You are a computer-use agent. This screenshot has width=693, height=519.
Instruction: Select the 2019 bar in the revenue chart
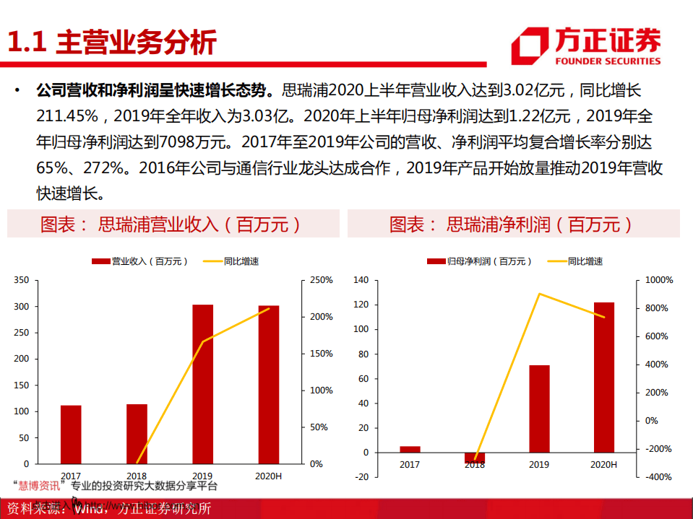pyautogui.click(x=202, y=383)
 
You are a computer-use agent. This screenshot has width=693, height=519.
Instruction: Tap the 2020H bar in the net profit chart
pyautogui.click(x=603, y=378)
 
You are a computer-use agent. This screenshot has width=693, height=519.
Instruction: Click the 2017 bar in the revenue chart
pyautogui.click(x=71, y=434)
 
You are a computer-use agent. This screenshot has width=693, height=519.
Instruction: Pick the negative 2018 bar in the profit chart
pyautogui.click(x=475, y=458)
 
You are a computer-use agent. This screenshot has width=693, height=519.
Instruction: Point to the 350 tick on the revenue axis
pyautogui.click(x=22, y=280)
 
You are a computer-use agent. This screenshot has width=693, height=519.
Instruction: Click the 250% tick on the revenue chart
pyautogui.click(x=321, y=280)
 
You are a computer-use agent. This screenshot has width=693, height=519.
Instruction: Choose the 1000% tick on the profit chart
pyautogui.click(x=658, y=280)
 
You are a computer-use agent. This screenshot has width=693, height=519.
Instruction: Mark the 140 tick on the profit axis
pyautogui.click(x=361, y=280)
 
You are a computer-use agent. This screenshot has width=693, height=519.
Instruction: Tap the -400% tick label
pyautogui.click(x=658, y=477)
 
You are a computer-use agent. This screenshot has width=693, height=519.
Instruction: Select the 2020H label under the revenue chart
pyautogui.click(x=269, y=476)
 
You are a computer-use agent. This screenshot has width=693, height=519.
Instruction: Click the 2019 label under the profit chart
pyautogui.click(x=539, y=465)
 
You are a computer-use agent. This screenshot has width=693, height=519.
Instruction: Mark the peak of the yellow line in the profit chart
pyautogui.click(x=539, y=294)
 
